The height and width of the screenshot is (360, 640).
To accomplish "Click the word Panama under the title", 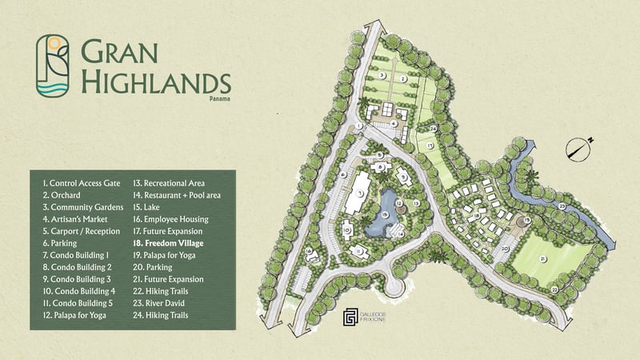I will coord(218,98).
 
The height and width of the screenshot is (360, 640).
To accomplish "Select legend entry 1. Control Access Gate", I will coord(81,183).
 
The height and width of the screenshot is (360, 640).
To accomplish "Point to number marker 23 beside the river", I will coord(562,207).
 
